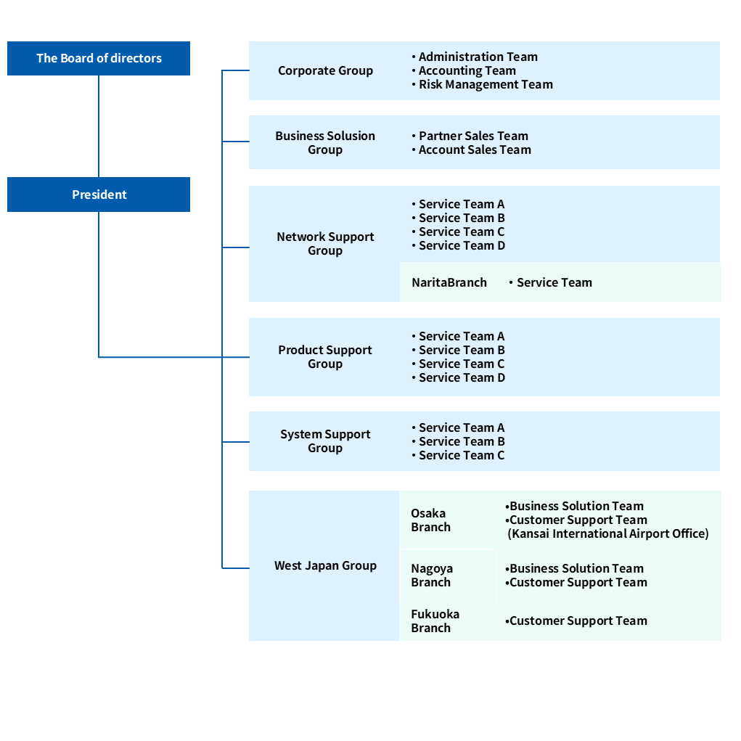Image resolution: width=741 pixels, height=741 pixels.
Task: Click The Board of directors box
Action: coord(99,59)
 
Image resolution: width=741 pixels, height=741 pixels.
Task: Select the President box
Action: coord(99,195)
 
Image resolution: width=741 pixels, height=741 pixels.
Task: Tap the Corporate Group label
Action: coord(325,70)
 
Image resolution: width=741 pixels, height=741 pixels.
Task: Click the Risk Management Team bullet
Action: coord(485,84)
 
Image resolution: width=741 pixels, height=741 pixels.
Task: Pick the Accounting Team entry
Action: coord(467,70)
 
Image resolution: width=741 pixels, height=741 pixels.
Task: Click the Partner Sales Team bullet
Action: coord(473,136)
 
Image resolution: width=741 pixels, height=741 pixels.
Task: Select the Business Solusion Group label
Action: coord(325,142)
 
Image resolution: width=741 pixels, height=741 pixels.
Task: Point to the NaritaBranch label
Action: coord(449,282)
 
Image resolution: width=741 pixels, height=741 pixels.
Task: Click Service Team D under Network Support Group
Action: coord(462,245)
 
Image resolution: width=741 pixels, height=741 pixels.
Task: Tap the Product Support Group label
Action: coord(325,356)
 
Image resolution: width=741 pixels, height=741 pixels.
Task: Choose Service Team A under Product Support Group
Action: coord(462,336)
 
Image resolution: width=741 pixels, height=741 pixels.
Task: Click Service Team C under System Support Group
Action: coord(462,455)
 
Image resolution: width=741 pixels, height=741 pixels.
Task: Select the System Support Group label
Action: coord(325,441)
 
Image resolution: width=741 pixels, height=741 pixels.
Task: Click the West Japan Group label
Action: coord(325,565)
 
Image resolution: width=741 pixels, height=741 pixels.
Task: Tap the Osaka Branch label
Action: coord(430,520)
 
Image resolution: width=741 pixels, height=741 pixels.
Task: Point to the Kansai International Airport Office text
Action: coord(608,533)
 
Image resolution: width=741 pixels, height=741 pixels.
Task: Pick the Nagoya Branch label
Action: coord(431,575)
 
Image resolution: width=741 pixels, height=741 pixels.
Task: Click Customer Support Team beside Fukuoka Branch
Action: coord(578,621)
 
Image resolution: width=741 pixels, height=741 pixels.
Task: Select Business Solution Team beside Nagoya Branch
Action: coord(576,568)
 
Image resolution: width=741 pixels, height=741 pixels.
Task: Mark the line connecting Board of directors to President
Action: coord(99,126)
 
